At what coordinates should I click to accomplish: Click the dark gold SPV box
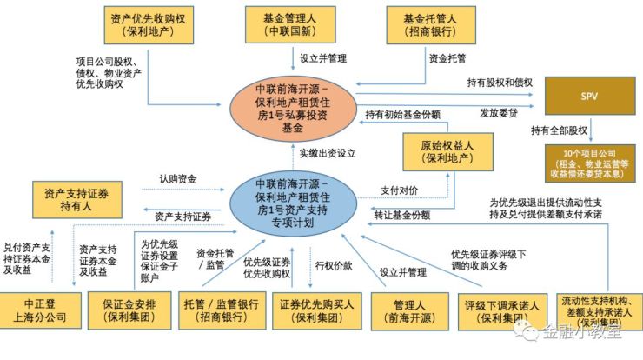click(x=589, y=93)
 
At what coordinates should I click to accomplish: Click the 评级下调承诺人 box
click(x=499, y=310)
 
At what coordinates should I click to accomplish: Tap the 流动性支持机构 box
click(x=598, y=310)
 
